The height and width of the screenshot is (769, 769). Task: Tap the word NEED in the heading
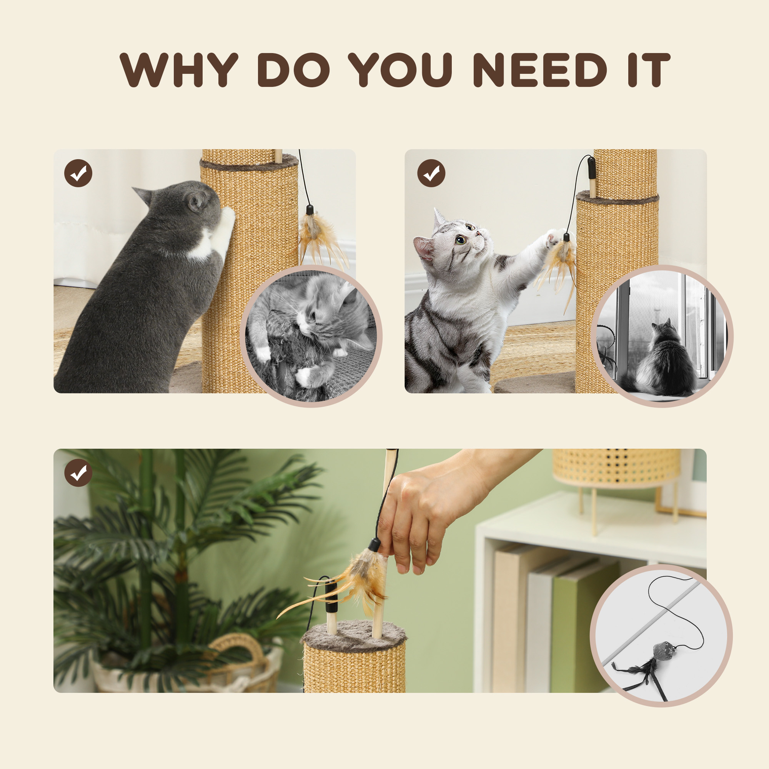pos(539,70)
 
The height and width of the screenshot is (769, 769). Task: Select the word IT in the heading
pos(648,70)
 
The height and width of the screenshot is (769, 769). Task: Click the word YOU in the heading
pos(400,70)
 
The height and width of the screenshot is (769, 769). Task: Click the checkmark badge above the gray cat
pos(78,173)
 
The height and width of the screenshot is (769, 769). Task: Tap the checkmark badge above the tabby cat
pos(431,173)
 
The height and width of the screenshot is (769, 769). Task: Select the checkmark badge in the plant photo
pos(78,473)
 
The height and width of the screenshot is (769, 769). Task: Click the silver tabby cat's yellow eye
pos(461,240)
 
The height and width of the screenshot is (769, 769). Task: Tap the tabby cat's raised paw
pos(554,239)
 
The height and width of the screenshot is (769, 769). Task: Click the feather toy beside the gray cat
pos(318,237)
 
